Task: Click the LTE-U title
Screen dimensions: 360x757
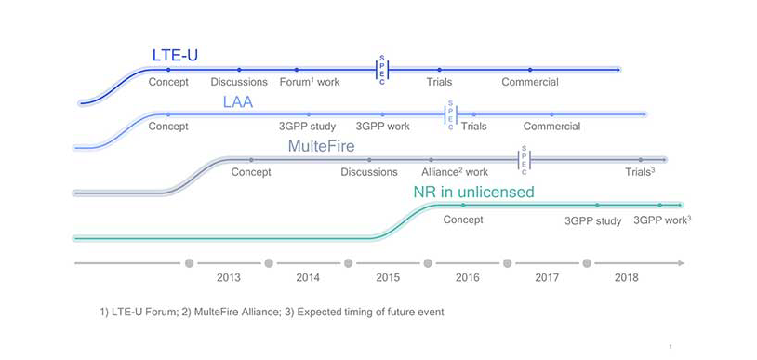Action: (175, 55)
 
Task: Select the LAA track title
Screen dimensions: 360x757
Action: (237, 101)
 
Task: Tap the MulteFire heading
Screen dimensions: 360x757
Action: (321, 146)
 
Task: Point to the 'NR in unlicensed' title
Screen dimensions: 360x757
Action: (473, 193)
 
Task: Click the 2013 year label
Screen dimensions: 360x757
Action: (229, 277)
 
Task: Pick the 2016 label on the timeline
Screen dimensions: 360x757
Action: (467, 277)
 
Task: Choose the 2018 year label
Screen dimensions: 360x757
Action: (626, 277)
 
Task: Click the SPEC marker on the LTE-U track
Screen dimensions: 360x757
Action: (381, 69)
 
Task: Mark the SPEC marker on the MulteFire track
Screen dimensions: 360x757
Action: (524, 160)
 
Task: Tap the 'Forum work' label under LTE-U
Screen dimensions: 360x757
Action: (310, 82)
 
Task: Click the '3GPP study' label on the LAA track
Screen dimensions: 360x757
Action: (307, 127)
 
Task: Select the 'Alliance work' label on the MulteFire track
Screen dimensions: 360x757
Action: (454, 172)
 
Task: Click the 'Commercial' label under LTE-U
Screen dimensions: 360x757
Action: (530, 82)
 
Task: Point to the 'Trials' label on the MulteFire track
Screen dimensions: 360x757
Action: (640, 172)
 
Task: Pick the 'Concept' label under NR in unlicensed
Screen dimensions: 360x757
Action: (463, 220)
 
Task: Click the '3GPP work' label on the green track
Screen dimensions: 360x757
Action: (662, 220)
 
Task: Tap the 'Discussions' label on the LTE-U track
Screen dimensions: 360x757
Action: (239, 82)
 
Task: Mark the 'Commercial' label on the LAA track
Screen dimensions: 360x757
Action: (551, 127)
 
